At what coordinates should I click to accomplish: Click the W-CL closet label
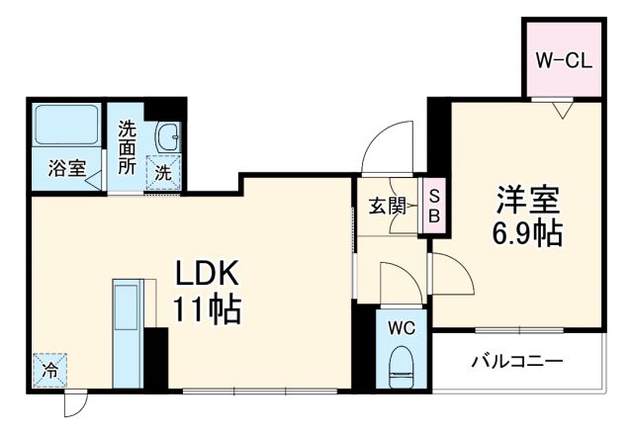[x=563, y=59]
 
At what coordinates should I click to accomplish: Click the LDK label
[x=210, y=274]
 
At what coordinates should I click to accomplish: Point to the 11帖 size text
[x=210, y=309]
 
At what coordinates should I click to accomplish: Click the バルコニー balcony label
[x=516, y=361]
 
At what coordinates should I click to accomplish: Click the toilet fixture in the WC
[x=403, y=363]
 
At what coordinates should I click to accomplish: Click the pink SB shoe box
[x=433, y=206]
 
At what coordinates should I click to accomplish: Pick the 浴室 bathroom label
[x=66, y=169]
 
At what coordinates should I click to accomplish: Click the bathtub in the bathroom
[x=65, y=126]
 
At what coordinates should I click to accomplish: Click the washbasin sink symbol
[x=166, y=134]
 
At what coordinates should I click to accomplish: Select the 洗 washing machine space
[x=163, y=171]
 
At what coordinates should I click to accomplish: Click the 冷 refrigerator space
[x=48, y=371]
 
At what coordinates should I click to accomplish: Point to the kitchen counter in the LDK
[x=127, y=333]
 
